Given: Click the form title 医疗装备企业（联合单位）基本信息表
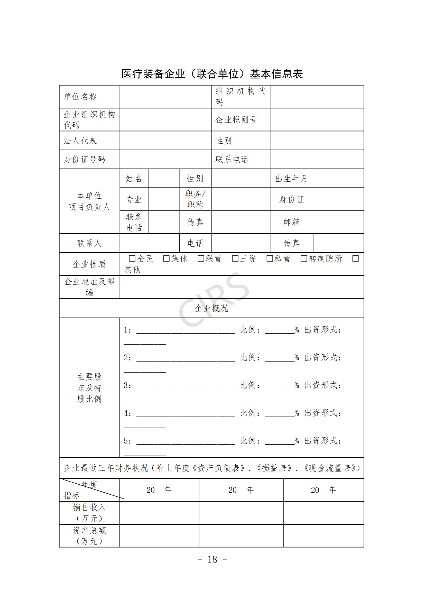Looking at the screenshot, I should [212, 74].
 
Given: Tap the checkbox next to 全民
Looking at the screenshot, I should [132, 259].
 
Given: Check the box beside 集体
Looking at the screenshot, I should [167, 259].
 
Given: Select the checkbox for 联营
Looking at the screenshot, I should [201, 259].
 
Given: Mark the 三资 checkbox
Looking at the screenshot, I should [235, 259].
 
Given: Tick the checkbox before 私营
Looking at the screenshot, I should [270, 259].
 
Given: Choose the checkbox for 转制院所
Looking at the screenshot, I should [304, 259].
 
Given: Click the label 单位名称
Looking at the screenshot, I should [80, 97].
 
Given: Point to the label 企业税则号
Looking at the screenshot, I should [236, 120].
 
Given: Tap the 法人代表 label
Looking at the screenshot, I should [80, 141].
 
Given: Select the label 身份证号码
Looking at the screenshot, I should [85, 159].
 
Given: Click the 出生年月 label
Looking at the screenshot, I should [291, 179].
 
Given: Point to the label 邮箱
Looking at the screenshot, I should [291, 222].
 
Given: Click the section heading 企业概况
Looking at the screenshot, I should [211, 308].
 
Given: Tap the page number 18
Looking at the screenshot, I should [212, 559].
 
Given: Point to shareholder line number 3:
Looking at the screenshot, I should [127, 386].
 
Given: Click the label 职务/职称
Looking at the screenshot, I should [195, 199].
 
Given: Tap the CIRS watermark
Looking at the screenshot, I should [214, 300].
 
